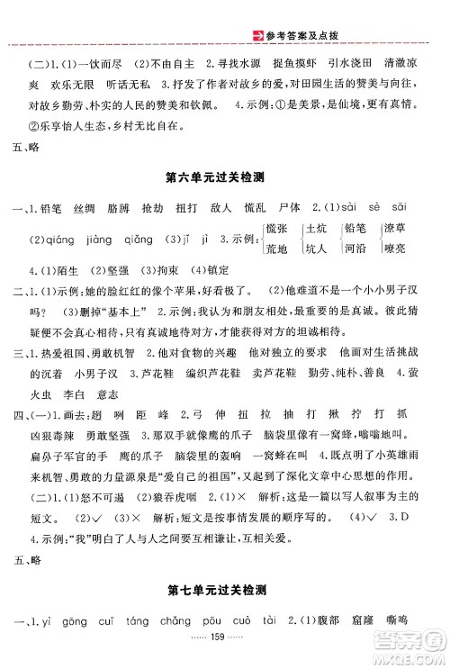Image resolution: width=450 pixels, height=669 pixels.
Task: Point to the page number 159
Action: (225, 648)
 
